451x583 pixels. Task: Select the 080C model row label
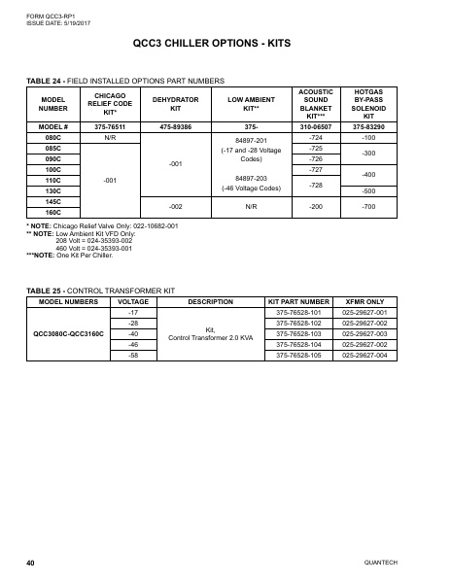coord(53,139)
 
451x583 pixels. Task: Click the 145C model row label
coord(53,201)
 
